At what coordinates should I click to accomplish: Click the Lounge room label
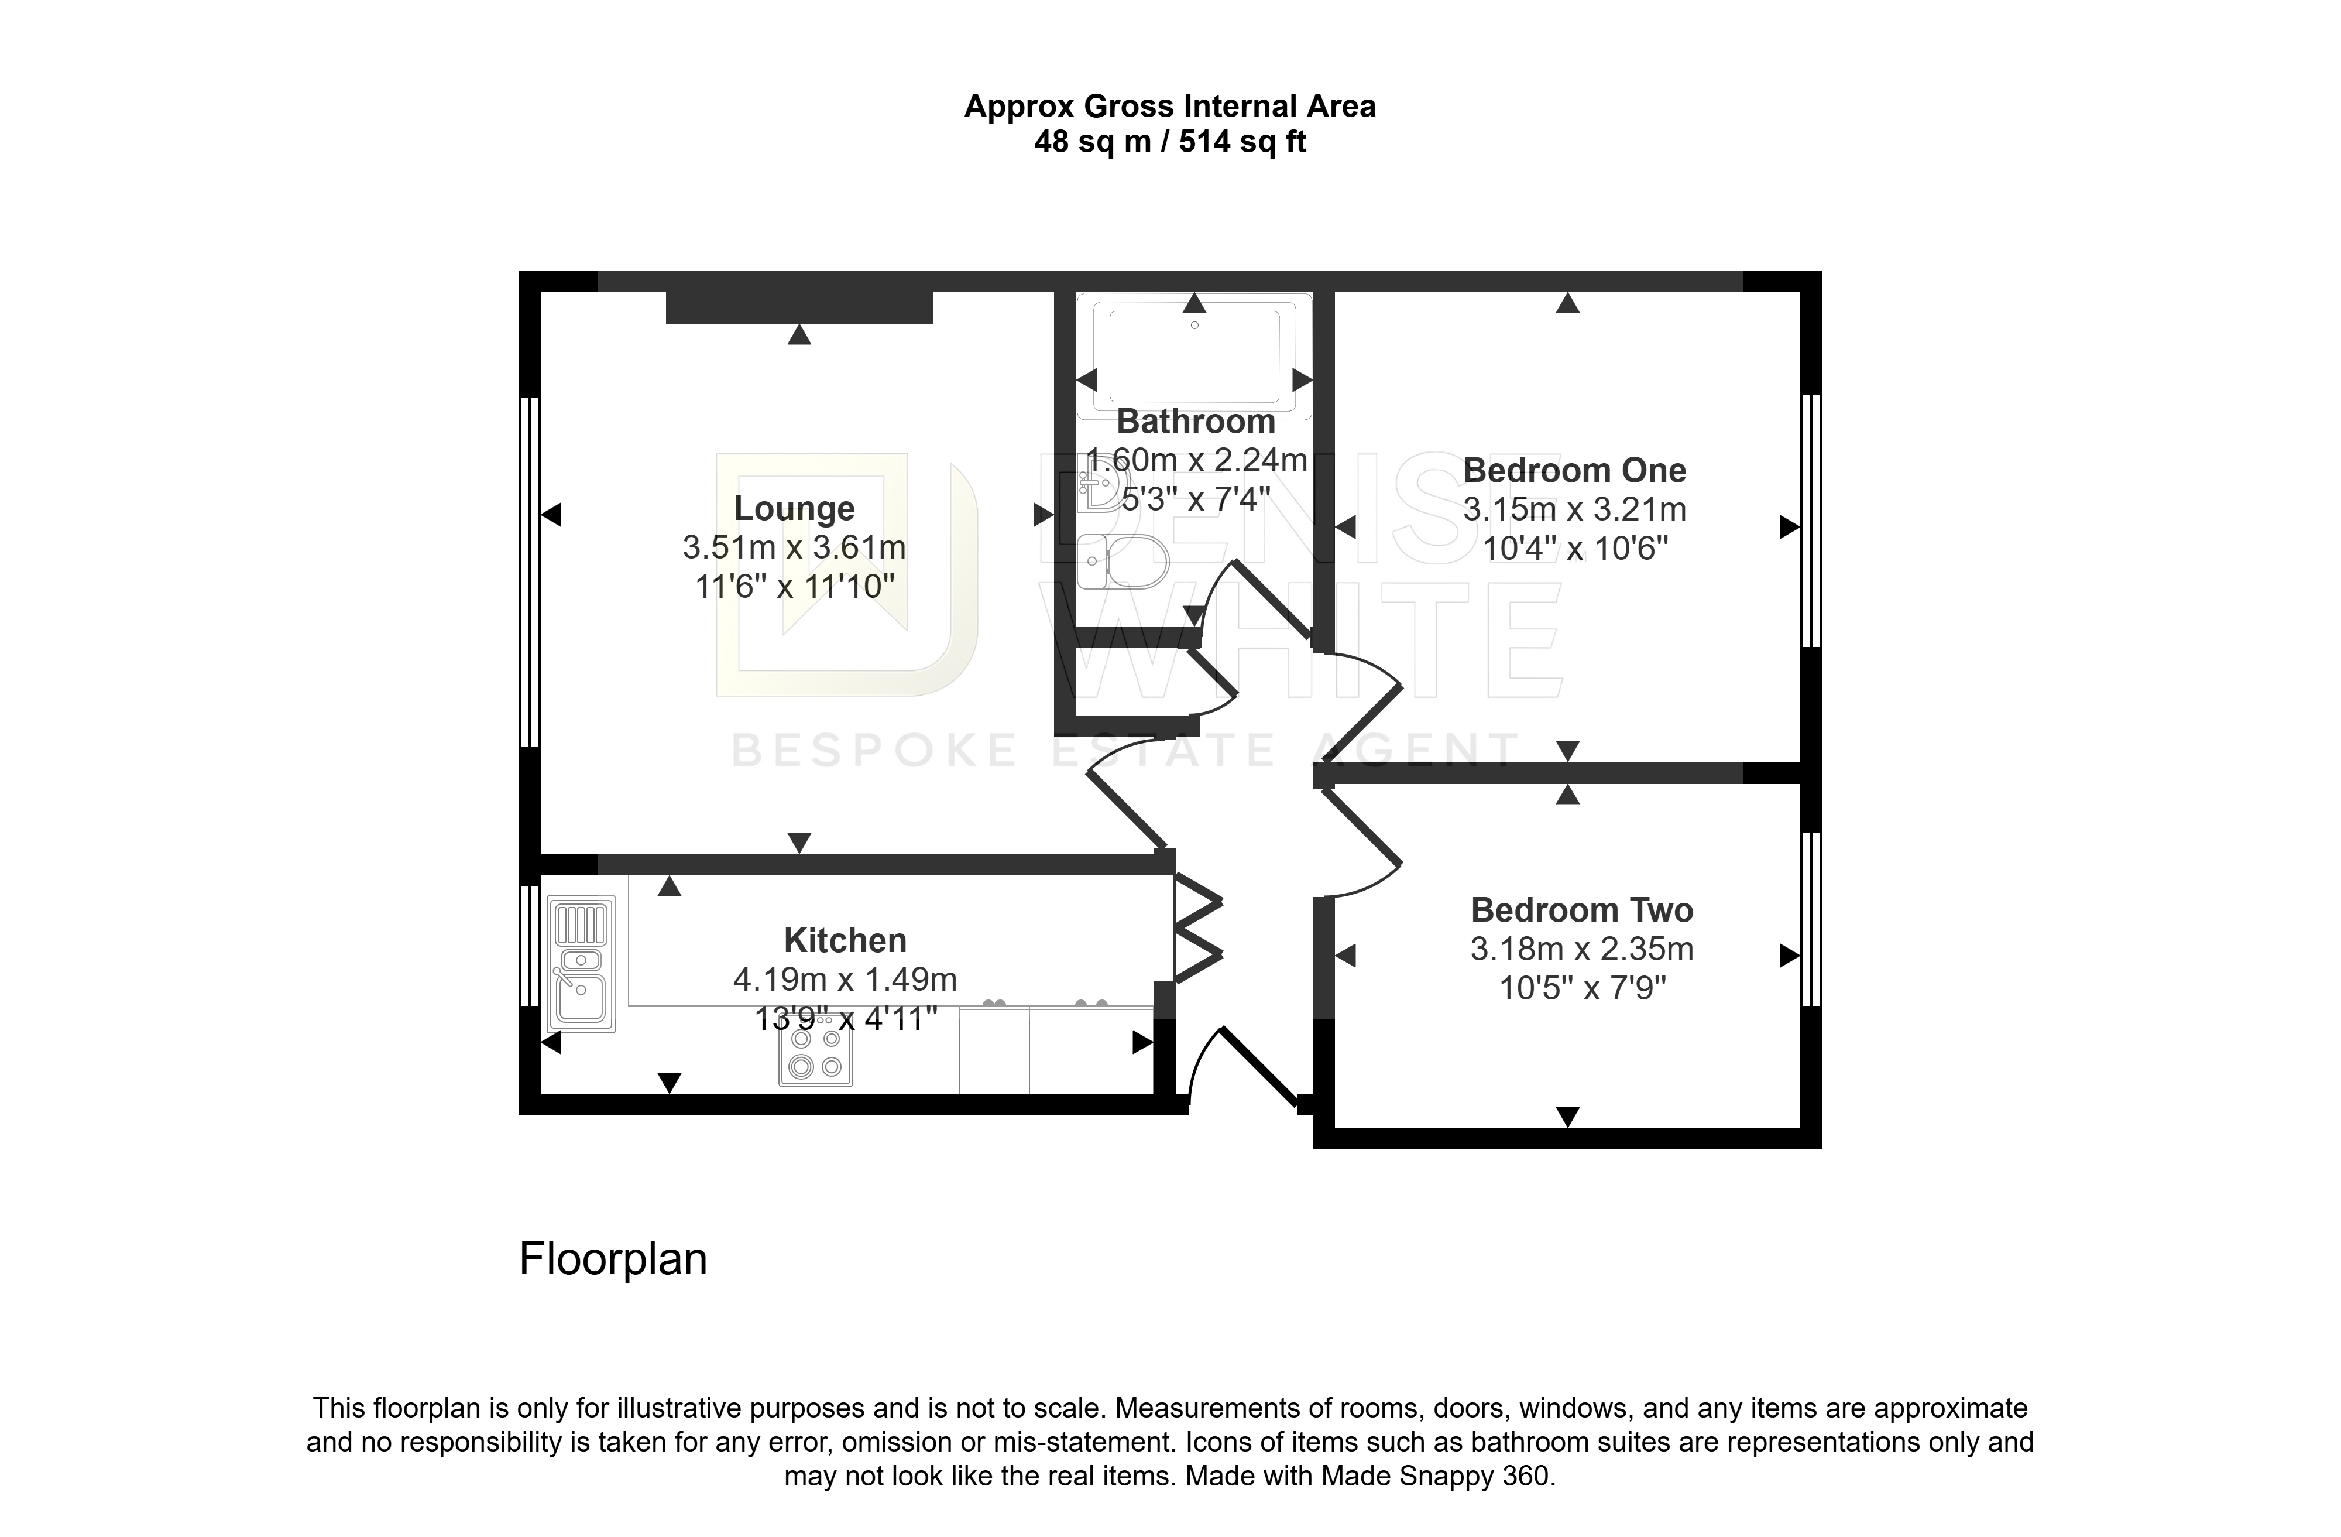pos(795,509)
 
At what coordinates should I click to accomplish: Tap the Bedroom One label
pos(1575,470)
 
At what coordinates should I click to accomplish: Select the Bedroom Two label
pos(1582,910)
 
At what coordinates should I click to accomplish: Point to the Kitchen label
pos(845,941)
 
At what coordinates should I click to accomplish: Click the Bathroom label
pos(1196,421)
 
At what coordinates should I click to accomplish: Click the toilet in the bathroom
pos(1123,563)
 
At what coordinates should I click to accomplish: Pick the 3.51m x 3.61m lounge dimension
pos(795,547)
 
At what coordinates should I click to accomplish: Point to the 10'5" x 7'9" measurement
pos(1583,988)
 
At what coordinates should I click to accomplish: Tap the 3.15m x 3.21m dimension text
pos(1575,510)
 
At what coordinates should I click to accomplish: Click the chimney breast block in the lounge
pos(799,307)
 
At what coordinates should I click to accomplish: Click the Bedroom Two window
pos(1811,919)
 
